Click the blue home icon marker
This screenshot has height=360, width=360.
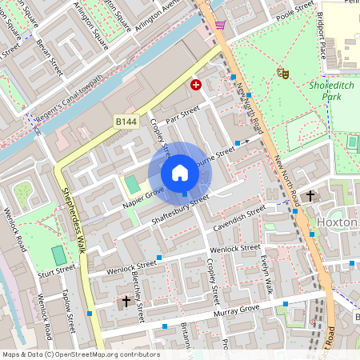click(180, 173)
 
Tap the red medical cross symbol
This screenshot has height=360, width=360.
click(195, 84)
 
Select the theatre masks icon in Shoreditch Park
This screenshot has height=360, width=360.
click(282, 73)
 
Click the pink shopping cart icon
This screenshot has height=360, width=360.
click(220, 26)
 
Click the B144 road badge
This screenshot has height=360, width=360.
click(126, 121)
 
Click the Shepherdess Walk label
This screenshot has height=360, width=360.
click(74, 221)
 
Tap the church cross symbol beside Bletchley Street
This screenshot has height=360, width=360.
click(126, 302)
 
